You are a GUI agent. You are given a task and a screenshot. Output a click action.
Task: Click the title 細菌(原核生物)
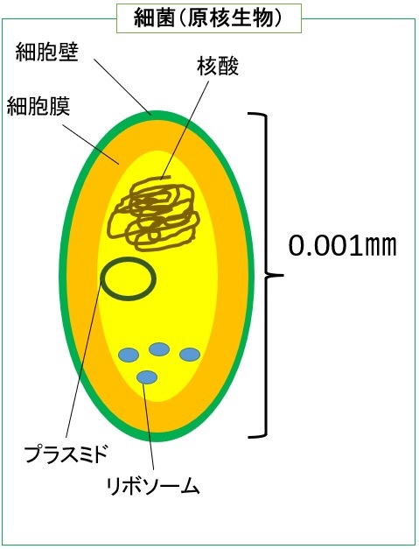(x=208, y=18)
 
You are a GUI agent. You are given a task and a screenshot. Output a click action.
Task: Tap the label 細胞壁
(x=46, y=53)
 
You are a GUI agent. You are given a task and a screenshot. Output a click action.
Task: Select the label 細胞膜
(x=38, y=106)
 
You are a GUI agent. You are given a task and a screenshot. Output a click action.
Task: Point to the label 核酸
(x=218, y=67)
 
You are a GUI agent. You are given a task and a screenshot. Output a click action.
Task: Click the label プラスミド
(x=66, y=454)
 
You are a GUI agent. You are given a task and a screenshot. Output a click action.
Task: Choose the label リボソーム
(x=152, y=485)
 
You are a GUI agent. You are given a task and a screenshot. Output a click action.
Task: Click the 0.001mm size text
(x=342, y=246)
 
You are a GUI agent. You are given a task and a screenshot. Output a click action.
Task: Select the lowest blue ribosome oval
(x=147, y=377)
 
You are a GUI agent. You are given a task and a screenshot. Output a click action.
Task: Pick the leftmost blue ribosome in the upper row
(x=129, y=355)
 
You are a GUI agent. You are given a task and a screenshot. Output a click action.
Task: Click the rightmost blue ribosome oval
(x=190, y=355)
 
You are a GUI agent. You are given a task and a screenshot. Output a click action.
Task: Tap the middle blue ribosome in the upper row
(x=159, y=349)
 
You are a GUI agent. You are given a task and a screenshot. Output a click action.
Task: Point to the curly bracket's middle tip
(x=282, y=275)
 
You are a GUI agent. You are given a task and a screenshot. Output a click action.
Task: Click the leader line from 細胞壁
(x=122, y=87)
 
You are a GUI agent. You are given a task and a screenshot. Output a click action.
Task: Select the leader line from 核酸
(x=185, y=130)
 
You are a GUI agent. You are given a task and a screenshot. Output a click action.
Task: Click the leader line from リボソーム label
(x=149, y=426)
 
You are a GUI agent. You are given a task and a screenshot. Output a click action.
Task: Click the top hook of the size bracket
(x=257, y=115)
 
